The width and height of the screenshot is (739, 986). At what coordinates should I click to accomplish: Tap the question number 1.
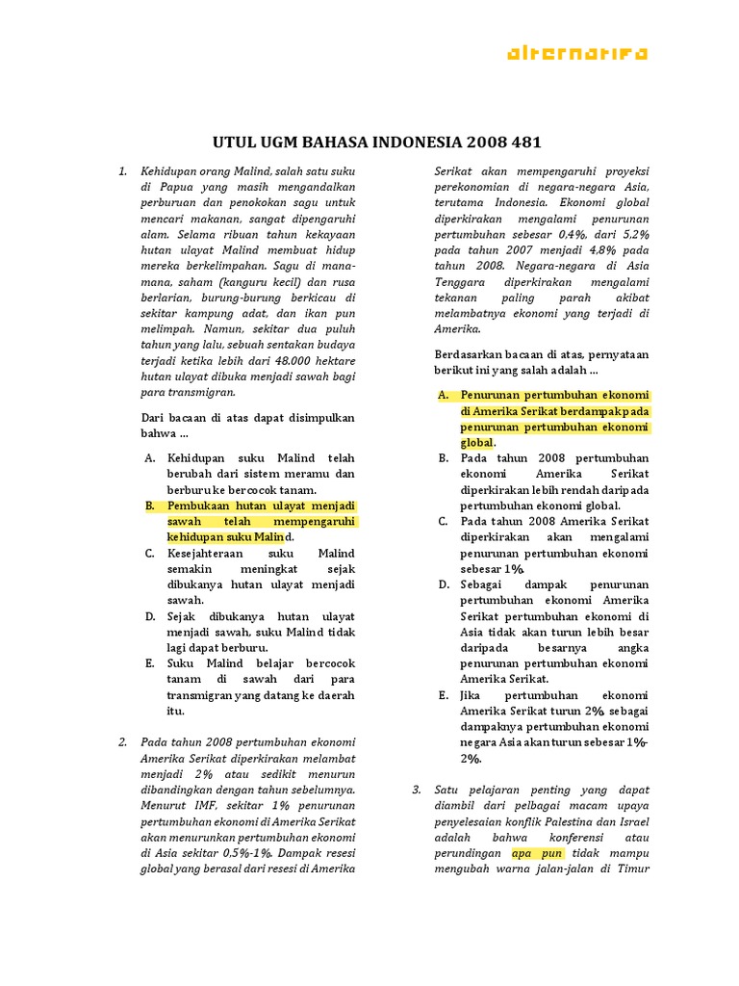[123, 171]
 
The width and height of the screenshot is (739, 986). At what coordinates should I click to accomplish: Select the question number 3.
[417, 790]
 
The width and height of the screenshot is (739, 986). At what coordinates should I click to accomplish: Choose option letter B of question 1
[150, 506]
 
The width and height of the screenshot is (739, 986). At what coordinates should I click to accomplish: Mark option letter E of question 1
[150, 663]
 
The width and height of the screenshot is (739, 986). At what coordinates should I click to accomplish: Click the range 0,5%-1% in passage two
[244, 852]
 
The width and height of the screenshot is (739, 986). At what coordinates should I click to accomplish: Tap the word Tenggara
[461, 281]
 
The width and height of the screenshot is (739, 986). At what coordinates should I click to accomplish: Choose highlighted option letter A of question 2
[444, 396]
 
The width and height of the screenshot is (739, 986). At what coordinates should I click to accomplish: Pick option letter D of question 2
[444, 584]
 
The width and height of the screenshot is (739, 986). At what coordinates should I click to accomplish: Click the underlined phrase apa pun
[537, 853]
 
